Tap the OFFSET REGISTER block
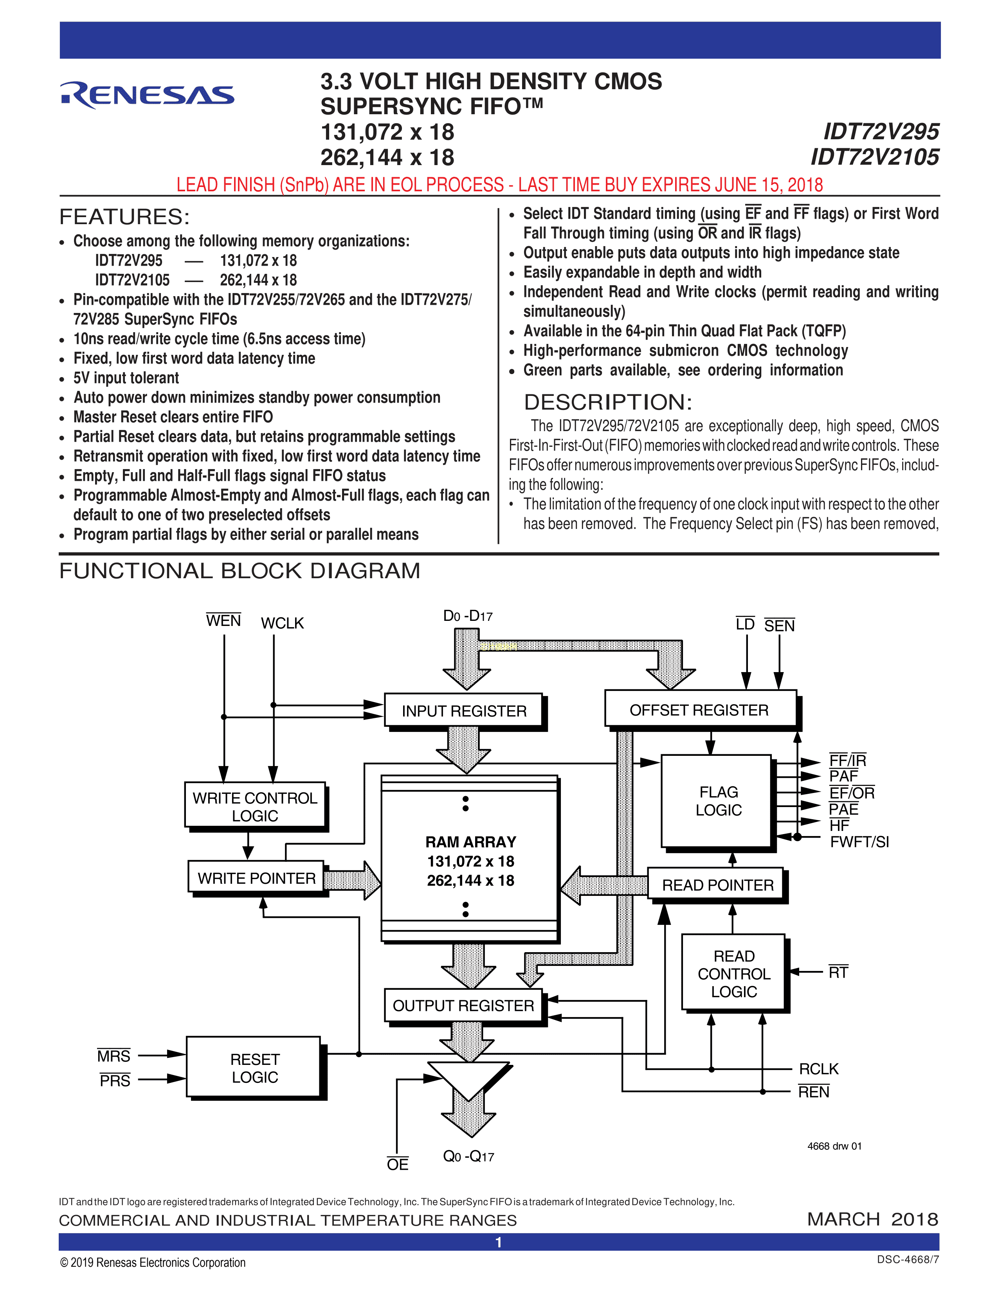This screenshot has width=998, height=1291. click(x=699, y=709)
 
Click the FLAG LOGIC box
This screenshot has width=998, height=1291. click(x=717, y=801)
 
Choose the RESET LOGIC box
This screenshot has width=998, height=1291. click(x=254, y=1068)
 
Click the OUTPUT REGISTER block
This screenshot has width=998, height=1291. click(x=463, y=1005)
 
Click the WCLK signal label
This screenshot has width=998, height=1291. click(x=282, y=623)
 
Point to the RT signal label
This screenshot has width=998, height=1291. click(x=838, y=973)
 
